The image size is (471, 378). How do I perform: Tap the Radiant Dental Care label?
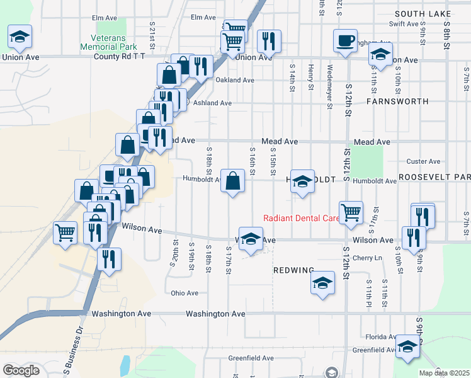(x=300, y=219)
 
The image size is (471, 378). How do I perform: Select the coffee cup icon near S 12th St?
(x=344, y=41)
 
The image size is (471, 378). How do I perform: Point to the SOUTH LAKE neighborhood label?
(x=433, y=13)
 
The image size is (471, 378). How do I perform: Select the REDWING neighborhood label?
(x=293, y=270)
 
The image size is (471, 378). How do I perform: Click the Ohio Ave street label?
(x=184, y=293)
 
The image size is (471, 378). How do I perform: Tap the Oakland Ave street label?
(x=234, y=80)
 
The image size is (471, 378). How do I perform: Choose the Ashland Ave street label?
(x=212, y=102)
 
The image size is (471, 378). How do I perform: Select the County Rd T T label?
(x=120, y=57)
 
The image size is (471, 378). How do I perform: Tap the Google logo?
(x=21, y=370)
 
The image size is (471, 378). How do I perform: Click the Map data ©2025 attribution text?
(x=445, y=373)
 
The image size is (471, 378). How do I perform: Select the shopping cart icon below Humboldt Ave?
(x=350, y=212)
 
